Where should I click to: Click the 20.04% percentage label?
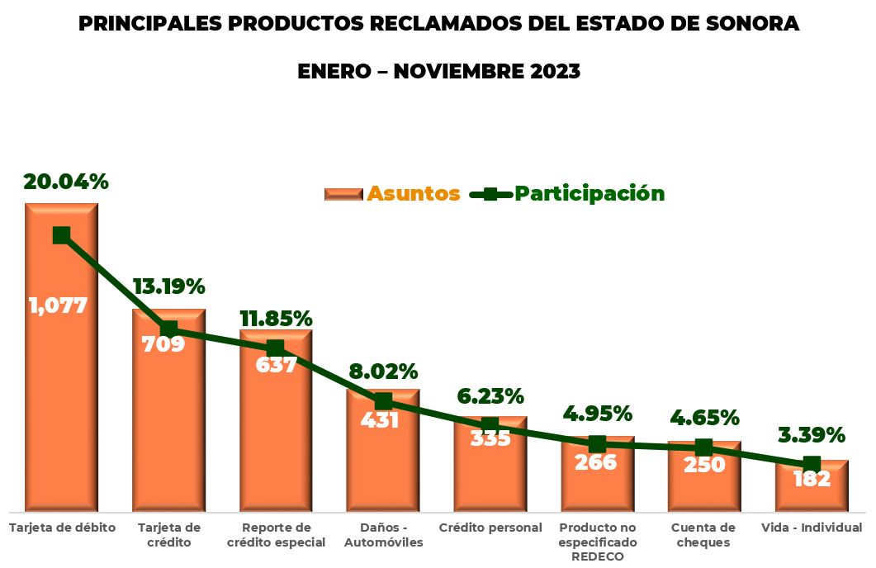point(66,182)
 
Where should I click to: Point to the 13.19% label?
point(168,287)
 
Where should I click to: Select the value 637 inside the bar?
point(276,364)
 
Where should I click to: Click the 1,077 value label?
point(58,305)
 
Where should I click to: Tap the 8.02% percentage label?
point(383,372)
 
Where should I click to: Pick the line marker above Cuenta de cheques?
point(703,447)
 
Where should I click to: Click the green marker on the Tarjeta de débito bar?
point(61,235)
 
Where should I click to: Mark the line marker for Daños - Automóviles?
point(383,401)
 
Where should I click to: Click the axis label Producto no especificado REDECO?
point(598,542)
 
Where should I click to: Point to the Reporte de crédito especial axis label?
point(276,535)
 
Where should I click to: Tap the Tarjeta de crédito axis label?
point(168,535)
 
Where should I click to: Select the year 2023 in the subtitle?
point(550,72)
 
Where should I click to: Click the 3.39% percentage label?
point(812,435)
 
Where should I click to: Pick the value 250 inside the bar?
point(704,465)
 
